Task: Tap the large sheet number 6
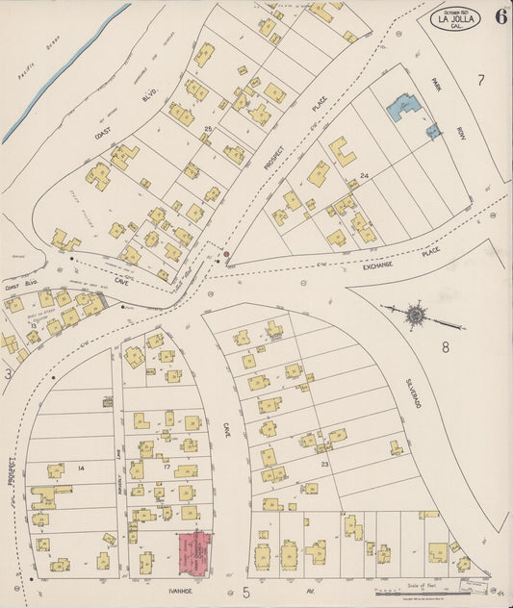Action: (501, 15)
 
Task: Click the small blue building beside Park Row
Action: (433, 129)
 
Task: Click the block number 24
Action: (365, 176)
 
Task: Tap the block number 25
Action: (207, 128)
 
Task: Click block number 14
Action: (81, 469)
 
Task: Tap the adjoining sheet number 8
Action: (446, 347)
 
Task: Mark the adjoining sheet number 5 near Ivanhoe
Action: (246, 590)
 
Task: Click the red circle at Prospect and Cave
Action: (227, 255)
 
